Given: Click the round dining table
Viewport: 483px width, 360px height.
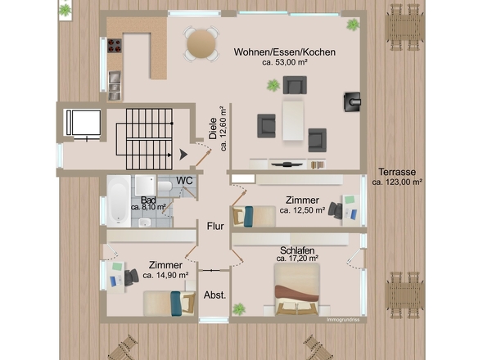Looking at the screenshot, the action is pos(201,44).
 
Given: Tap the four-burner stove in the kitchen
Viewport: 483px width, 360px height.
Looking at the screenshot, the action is pos(115,46).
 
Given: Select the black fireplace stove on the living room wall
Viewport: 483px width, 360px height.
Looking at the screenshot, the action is pos(352,102).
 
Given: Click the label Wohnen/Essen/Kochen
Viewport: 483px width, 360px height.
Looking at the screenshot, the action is pos(284,52).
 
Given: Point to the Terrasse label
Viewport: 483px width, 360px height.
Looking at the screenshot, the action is pos(397,172).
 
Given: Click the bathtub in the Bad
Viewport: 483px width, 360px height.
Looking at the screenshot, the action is pos(119,201).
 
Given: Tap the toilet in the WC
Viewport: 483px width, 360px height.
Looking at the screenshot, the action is pos(165,187).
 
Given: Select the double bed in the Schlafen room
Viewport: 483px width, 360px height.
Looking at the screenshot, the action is pos(296,289).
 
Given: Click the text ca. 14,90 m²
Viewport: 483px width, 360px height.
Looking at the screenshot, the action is pos(165,275).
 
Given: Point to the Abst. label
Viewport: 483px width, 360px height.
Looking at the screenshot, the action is pos(214,295).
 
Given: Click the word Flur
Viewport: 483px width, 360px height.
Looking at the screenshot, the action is pos(215,226).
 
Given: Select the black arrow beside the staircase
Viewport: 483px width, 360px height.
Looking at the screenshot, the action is pos(183,155).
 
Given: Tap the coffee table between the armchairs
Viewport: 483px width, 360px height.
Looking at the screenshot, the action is pos(293,121).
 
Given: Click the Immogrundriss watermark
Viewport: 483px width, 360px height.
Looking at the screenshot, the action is pos(343,320).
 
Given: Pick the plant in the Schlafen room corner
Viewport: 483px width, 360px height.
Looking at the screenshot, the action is pos(239,309).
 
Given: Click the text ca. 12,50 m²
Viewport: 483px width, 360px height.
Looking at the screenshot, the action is pos(303,210).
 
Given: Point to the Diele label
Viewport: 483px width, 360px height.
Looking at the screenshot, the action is pos(213,128).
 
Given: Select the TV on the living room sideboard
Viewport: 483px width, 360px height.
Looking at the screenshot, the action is pos(287,164).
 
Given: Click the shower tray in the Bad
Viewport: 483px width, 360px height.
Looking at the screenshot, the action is pos(146,186).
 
